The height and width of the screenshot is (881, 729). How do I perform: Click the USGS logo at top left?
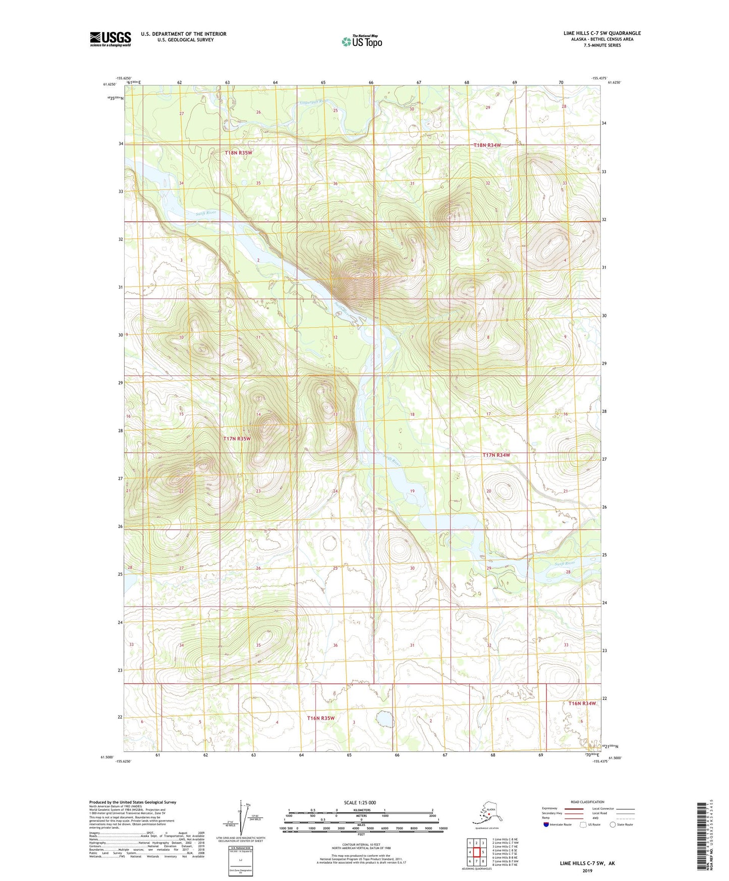point(110,39)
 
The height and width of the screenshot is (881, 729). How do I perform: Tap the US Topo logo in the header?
point(361,41)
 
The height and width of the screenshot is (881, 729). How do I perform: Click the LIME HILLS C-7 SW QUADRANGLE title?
point(602,33)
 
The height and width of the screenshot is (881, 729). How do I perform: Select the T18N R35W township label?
point(239,152)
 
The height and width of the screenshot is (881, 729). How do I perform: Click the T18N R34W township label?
point(487,145)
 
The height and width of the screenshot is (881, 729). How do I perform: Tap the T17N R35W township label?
point(237,439)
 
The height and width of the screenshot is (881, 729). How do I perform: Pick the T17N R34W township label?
point(496,455)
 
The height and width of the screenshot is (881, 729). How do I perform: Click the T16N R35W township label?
point(321,718)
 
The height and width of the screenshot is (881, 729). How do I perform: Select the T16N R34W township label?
point(582,703)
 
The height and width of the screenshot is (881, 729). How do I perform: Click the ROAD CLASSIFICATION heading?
point(587,802)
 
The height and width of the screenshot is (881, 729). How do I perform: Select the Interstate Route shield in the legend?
point(546,824)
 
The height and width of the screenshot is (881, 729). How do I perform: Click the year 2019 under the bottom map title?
point(587,870)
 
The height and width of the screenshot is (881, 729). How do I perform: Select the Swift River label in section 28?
point(565,564)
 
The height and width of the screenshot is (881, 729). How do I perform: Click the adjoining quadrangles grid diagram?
point(476,852)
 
